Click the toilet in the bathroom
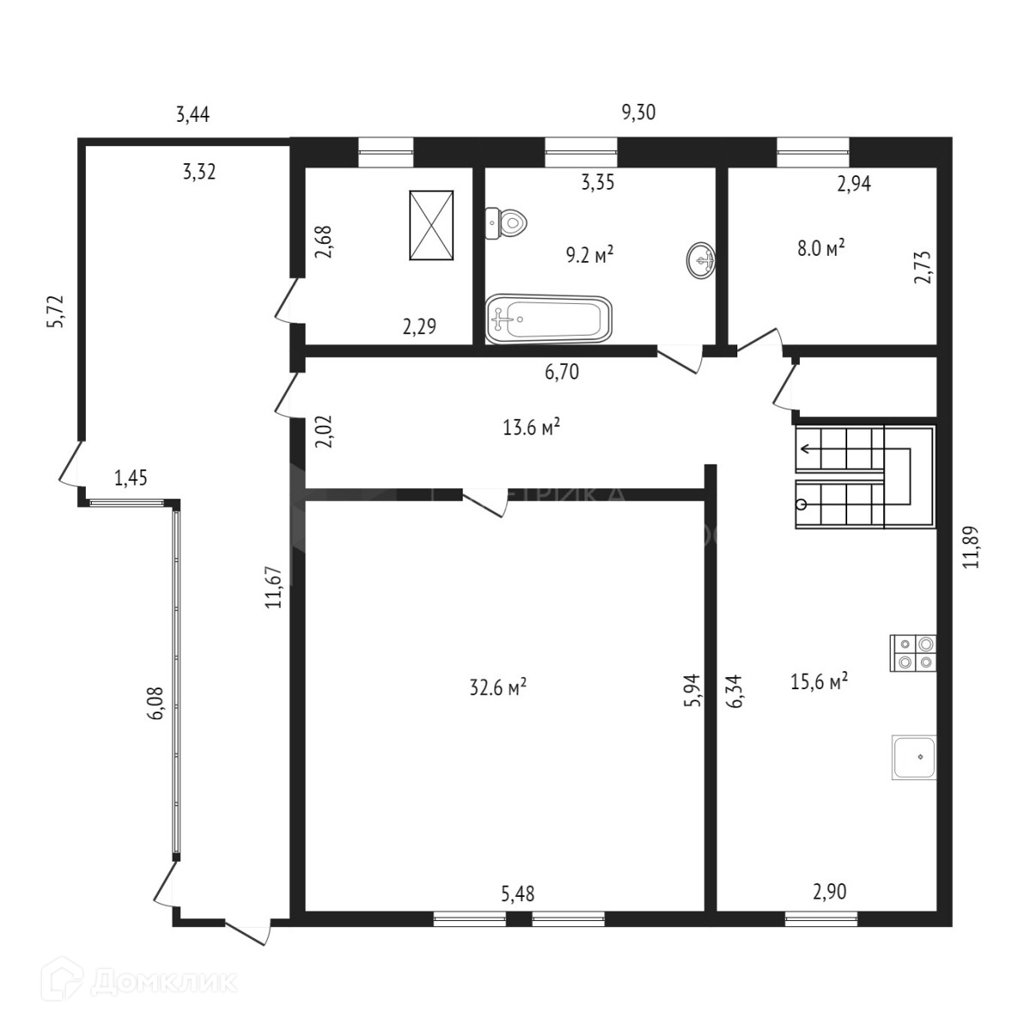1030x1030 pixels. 508,223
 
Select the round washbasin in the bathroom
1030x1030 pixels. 701,259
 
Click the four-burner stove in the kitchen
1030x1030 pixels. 913,652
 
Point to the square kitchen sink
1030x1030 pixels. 914,758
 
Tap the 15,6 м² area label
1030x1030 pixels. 819,681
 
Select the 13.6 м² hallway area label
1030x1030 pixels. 532,427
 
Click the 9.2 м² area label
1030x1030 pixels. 590,255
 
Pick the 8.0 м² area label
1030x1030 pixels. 821,248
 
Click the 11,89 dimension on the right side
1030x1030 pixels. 971,547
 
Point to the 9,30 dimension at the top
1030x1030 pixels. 638,112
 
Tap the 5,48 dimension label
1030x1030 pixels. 518,893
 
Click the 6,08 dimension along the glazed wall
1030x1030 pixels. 154,707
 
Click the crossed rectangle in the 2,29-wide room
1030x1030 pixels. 431,224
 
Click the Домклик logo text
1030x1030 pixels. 163,980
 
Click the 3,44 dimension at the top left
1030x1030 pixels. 192,114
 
